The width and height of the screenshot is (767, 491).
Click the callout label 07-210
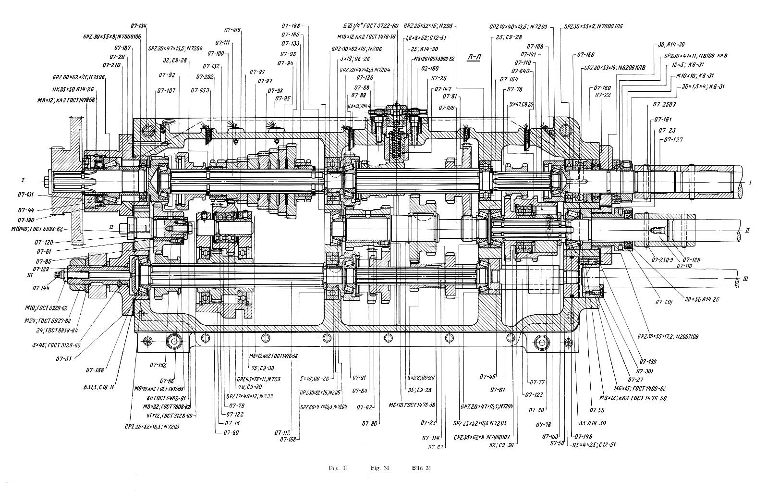(x=111, y=64)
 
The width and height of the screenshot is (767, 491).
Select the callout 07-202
(x=205, y=77)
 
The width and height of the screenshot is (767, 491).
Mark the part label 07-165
(x=291, y=35)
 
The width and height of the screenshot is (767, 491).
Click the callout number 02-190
(x=430, y=69)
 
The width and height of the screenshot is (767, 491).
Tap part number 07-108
(x=535, y=47)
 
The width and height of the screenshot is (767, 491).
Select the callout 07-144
(x=42, y=288)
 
